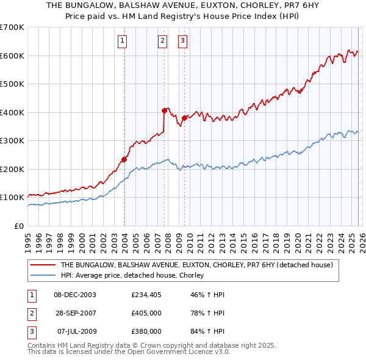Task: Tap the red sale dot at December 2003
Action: (124, 159)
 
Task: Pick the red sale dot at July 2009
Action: (184, 118)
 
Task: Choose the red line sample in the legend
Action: (43, 265)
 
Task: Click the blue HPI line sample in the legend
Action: (43, 276)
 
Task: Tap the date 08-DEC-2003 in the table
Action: (75, 295)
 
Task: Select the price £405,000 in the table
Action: (146, 313)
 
